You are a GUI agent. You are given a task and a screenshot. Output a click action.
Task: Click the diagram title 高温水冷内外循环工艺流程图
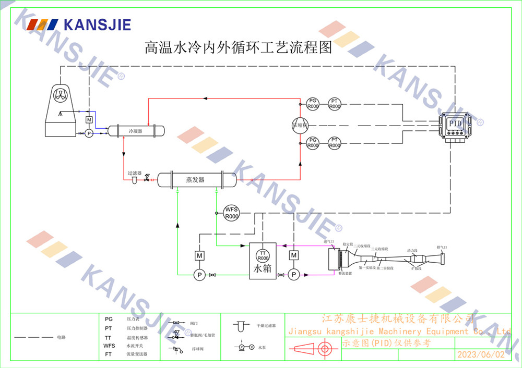[238, 48]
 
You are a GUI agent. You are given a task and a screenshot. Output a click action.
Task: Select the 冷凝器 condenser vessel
[135, 131]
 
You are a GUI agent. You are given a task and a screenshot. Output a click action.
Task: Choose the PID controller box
[455, 124]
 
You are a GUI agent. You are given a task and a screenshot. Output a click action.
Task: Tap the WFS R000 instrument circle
[231, 213]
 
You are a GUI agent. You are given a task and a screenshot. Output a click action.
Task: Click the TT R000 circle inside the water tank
[263, 255]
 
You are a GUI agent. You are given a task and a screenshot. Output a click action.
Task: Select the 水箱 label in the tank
[263, 269]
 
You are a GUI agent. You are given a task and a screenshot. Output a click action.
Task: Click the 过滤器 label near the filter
[135, 173]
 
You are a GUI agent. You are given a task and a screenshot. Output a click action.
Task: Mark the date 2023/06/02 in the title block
[481, 354]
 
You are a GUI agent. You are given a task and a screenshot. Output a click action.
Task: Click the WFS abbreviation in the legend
[109, 346]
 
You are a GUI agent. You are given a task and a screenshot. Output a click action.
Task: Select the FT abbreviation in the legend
[108, 354]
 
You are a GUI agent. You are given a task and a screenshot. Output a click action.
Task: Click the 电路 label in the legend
[62, 337]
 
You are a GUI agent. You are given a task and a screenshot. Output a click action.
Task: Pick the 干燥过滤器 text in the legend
[266, 326]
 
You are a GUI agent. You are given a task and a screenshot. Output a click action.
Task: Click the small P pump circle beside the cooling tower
[89, 133]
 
